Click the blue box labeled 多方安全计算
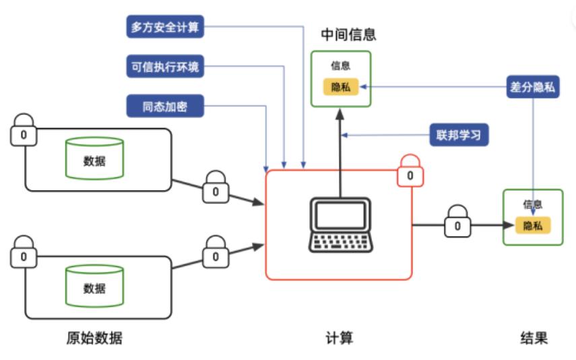coord(165,28)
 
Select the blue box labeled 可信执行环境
coord(165,67)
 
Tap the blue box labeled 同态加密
coord(165,106)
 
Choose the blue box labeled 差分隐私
coord(534,87)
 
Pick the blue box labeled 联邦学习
coord(459,135)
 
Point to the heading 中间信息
coord(348,34)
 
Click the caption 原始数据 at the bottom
coord(94,338)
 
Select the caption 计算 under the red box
coord(339,338)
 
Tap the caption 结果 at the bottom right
coord(534,338)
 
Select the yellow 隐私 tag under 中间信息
coord(341,87)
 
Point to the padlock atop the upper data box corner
coord(24,130)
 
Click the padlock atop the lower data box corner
coord(24,252)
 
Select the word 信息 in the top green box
coord(341,66)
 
